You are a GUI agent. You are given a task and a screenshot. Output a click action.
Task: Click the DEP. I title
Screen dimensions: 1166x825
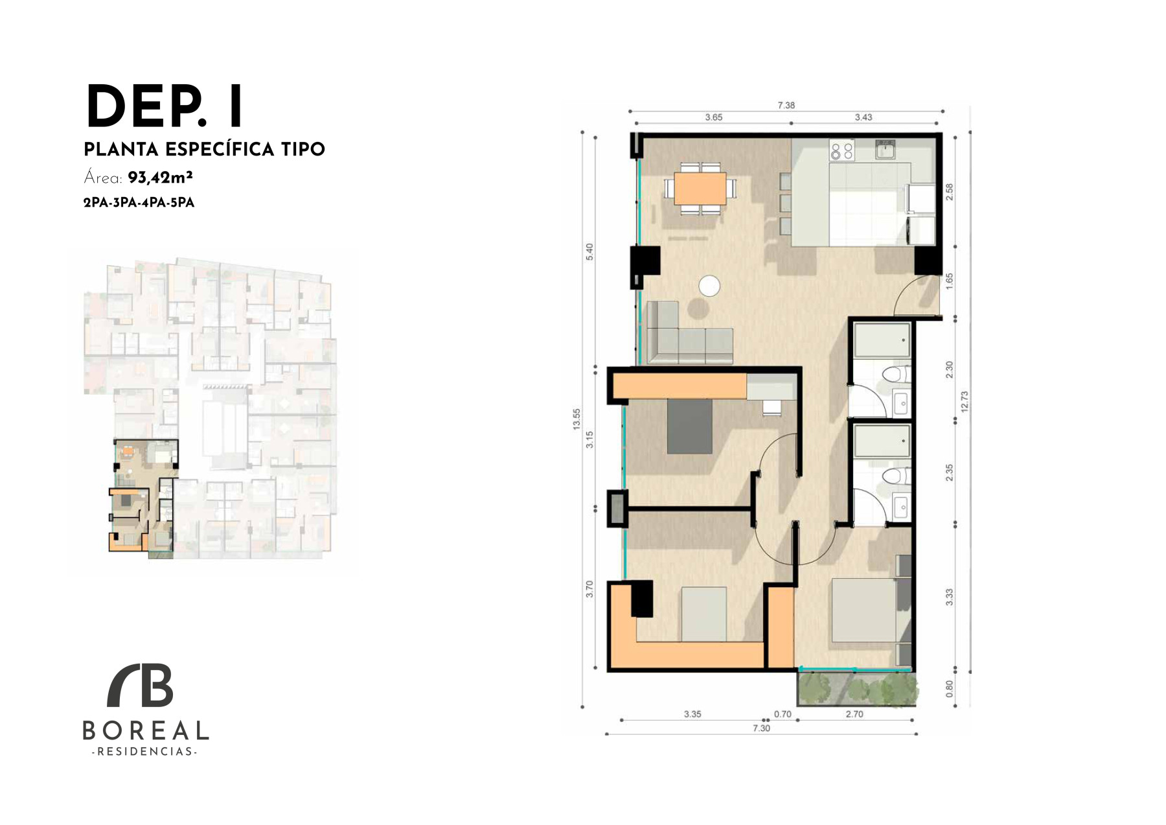tap(165, 107)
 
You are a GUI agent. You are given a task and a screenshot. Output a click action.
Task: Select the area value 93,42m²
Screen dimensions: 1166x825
tap(160, 178)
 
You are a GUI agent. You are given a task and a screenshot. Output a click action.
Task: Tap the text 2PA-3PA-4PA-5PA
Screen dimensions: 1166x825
tap(139, 203)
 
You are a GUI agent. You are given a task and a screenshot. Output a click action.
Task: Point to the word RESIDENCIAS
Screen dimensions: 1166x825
tap(145, 752)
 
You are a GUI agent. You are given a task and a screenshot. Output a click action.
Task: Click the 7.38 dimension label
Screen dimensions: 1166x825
tap(786, 105)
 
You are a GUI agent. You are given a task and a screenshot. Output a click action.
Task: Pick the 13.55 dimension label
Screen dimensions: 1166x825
tap(577, 419)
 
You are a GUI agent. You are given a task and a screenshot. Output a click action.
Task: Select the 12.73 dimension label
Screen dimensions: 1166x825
tap(965, 402)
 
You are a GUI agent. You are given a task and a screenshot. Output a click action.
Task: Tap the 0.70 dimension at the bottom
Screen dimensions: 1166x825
tap(783, 714)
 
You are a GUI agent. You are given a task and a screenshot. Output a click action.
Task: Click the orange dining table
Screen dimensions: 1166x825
tap(700, 188)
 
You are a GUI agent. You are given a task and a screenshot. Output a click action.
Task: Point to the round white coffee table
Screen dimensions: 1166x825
tap(709, 286)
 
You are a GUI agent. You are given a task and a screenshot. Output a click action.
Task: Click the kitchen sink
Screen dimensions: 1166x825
tap(886, 150)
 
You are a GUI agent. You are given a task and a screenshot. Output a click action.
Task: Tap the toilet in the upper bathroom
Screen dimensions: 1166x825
tap(897, 375)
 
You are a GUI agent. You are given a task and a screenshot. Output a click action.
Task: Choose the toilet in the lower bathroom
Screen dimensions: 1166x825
tap(897, 476)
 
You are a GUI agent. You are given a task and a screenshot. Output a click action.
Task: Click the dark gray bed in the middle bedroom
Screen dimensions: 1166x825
tap(690, 426)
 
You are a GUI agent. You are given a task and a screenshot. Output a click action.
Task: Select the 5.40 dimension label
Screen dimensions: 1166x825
tap(589, 252)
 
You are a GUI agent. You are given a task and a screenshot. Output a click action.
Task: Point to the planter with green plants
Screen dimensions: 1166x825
tap(857, 688)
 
